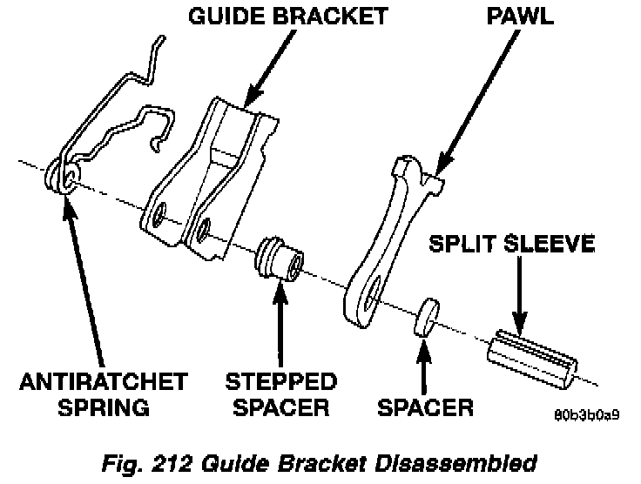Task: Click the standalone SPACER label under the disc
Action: pos(426,407)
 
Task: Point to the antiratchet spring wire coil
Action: pos(64,178)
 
